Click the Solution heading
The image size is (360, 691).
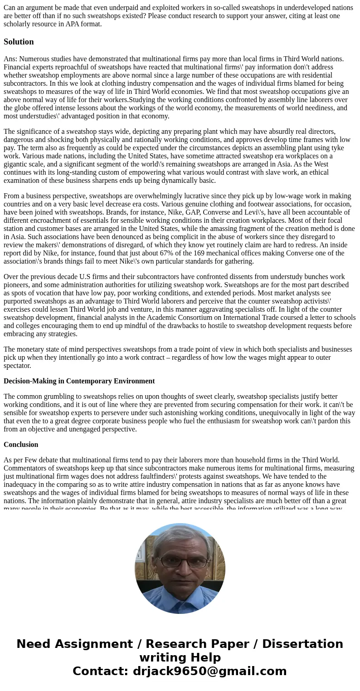(x=19, y=42)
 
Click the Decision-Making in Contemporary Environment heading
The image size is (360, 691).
(x=79, y=381)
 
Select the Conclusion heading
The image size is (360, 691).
(x=21, y=445)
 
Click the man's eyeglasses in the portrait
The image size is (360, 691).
(x=180, y=561)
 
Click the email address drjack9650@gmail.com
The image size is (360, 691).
(x=209, y=671)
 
